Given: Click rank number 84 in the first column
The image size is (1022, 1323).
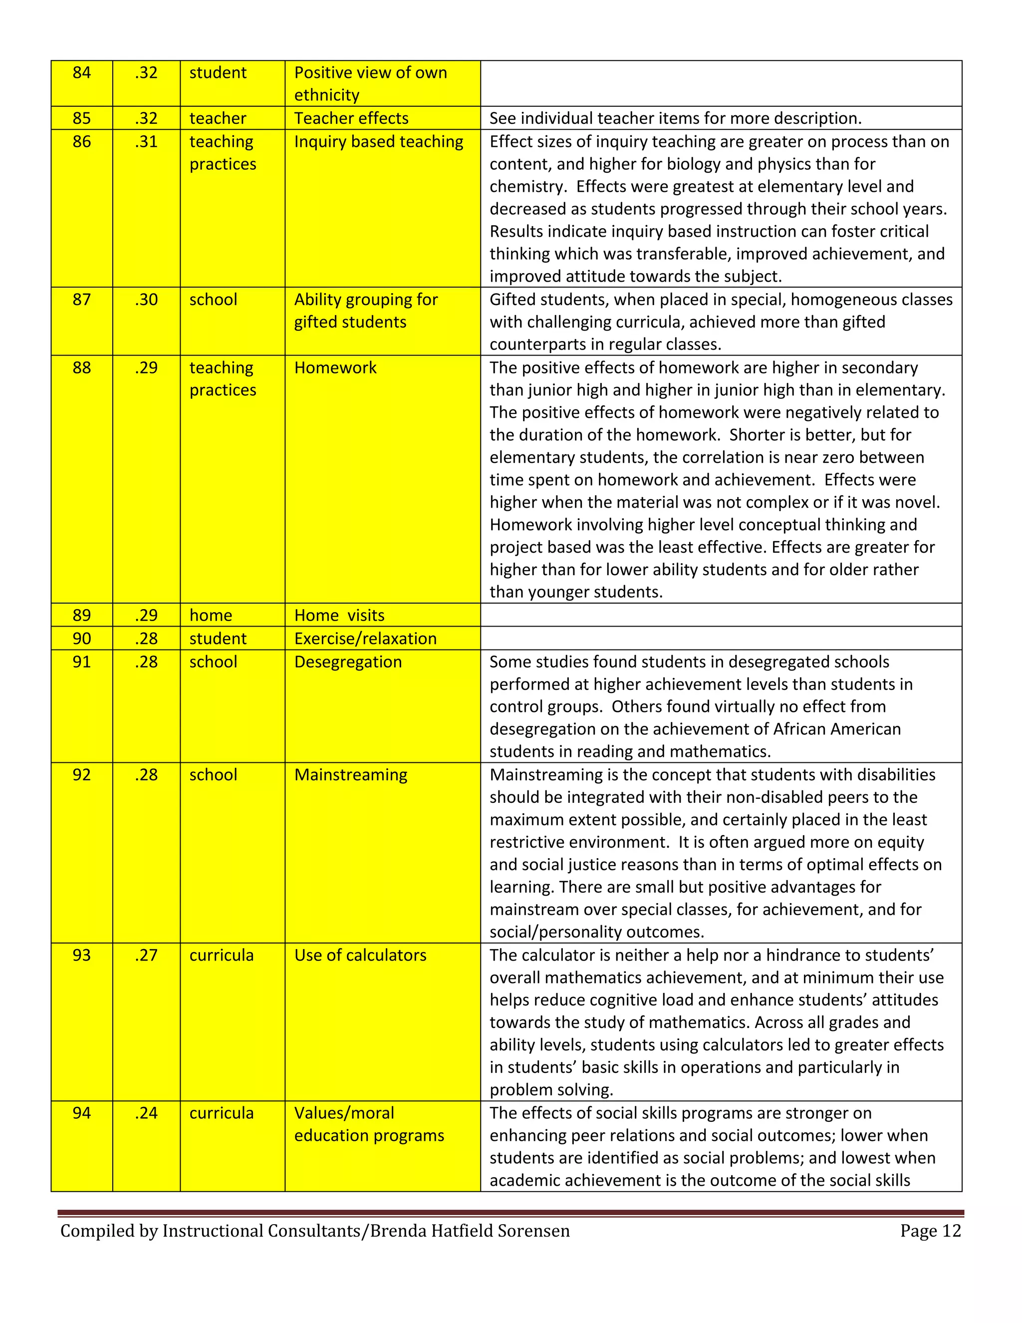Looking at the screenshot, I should point(81,73).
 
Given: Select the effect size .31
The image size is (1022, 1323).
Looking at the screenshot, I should point(146,142).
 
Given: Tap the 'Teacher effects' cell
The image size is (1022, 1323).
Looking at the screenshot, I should point(351,118).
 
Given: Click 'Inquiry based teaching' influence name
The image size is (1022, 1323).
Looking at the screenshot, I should point(378,142).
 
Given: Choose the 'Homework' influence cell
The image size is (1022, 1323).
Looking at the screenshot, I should point(335,368).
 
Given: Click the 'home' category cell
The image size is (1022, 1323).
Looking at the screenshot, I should point(211,615).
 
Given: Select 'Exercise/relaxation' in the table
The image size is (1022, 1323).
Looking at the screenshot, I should point(365,639).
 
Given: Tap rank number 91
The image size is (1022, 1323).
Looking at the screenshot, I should point(81,661).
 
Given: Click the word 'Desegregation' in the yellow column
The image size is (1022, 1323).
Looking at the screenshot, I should point(347,661).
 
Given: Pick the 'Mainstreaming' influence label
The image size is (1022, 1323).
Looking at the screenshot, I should point(350,775).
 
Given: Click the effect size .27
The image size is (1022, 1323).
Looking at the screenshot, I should point(146,955).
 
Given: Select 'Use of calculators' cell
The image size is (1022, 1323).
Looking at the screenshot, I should point(360,955).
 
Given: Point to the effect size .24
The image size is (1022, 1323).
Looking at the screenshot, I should point(146,1113).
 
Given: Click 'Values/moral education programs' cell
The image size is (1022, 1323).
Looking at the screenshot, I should point(369,1124).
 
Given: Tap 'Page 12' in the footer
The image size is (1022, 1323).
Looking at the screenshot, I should point(930,1231).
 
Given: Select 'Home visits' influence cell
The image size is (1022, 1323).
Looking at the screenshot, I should point(339,615).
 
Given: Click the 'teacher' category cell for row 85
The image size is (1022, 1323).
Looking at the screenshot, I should point(218,118).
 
